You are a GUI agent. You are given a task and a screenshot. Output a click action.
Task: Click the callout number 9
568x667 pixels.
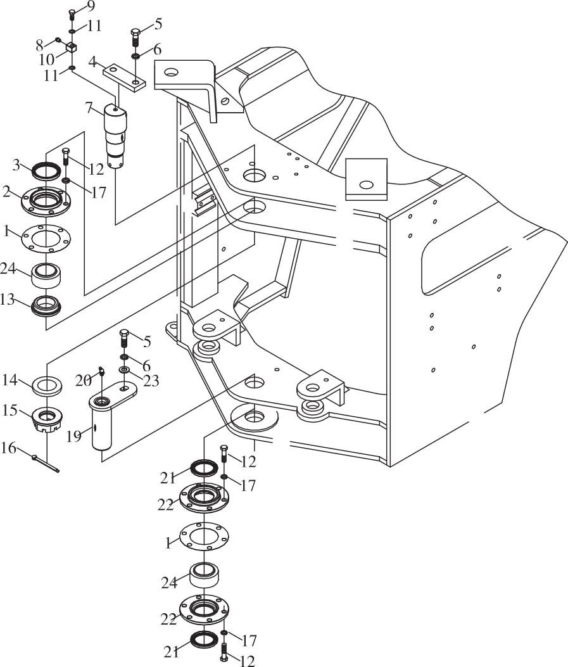(x=91, y=6)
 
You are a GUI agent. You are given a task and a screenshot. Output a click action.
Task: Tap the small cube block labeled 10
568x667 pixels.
(x=72, y=47)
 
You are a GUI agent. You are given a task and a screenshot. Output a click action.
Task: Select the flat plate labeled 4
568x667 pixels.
(x=125, y=78)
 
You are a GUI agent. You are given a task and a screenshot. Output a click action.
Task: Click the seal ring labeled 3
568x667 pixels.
(x=46, y=171)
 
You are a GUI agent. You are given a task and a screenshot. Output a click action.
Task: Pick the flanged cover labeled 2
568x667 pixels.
(x=46, y=200)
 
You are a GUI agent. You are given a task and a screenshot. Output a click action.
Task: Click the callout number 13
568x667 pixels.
(x=8, y=300)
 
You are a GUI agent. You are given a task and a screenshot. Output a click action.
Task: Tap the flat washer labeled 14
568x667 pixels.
(x=47, y=386)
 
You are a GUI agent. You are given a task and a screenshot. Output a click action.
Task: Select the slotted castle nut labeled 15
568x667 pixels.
(x=47, y=419)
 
